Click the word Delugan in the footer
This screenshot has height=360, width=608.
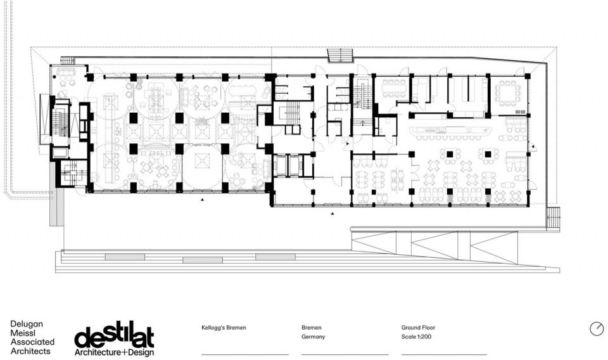point(27,324)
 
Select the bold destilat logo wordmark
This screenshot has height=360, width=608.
point(114,335)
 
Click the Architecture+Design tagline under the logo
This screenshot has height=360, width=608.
point(114,352)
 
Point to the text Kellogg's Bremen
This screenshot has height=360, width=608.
point(224,328)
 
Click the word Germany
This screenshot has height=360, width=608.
point(313,337)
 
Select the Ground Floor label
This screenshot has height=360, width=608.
point(418,328)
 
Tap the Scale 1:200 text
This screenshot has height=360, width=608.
point(416,337)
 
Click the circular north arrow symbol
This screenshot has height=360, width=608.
point(597,328)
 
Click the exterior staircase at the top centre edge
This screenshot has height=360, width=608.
point(340,56)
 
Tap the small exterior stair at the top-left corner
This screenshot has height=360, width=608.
point(68,60)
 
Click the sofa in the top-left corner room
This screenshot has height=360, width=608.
point(66,72)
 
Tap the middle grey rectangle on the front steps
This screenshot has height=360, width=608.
point(203,260)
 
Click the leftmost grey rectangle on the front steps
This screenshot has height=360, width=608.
point(125,257)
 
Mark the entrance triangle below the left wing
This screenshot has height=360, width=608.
point(202,200)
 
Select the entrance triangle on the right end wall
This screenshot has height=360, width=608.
point(533,146)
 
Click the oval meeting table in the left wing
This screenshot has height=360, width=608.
point(243,91)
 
